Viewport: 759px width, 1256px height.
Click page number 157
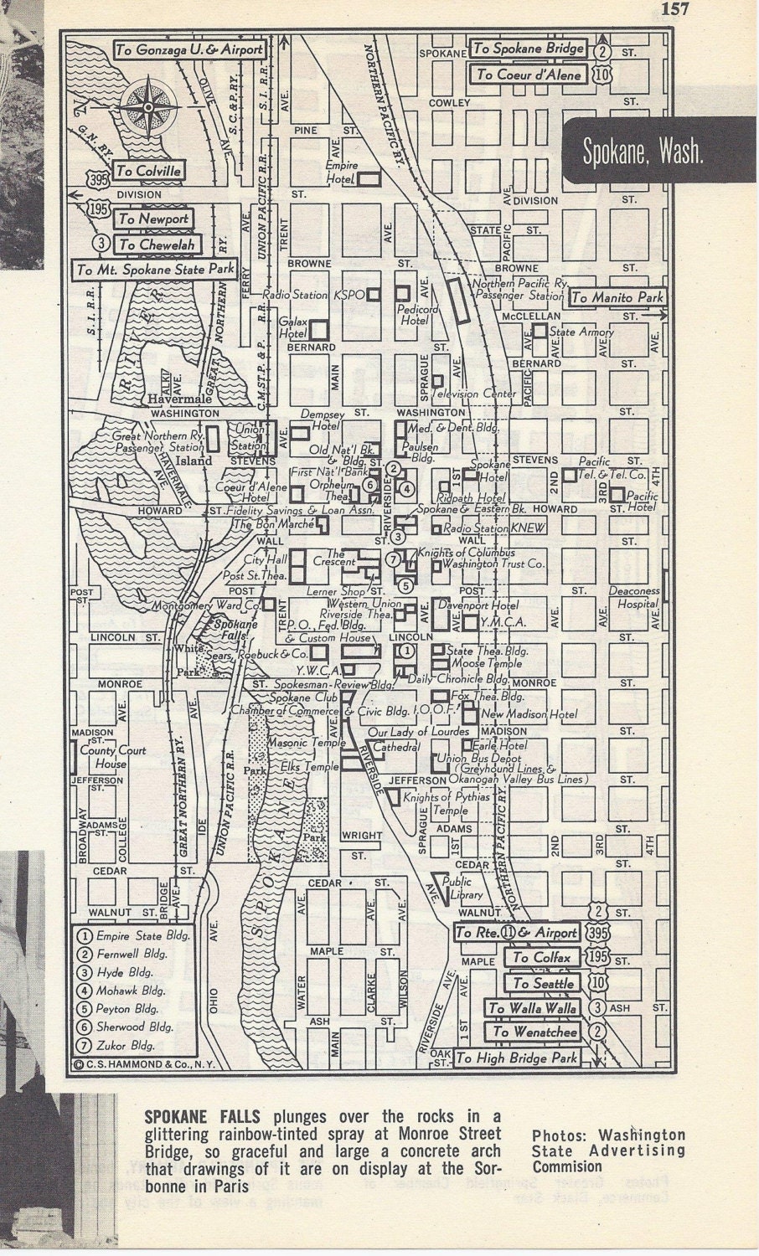(x=674, y=9)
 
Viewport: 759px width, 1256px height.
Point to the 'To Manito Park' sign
(x=617, y=297)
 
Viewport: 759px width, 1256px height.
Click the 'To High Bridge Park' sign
(x=516, y=1058)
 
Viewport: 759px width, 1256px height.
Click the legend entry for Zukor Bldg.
(x=126, y=1045)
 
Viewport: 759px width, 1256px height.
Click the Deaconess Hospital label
(x=634, y=596)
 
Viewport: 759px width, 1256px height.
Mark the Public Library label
(x=457, y=888)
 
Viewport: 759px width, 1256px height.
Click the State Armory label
(x=581, y=332)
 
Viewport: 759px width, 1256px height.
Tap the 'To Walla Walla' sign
(x=533, y=1008)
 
